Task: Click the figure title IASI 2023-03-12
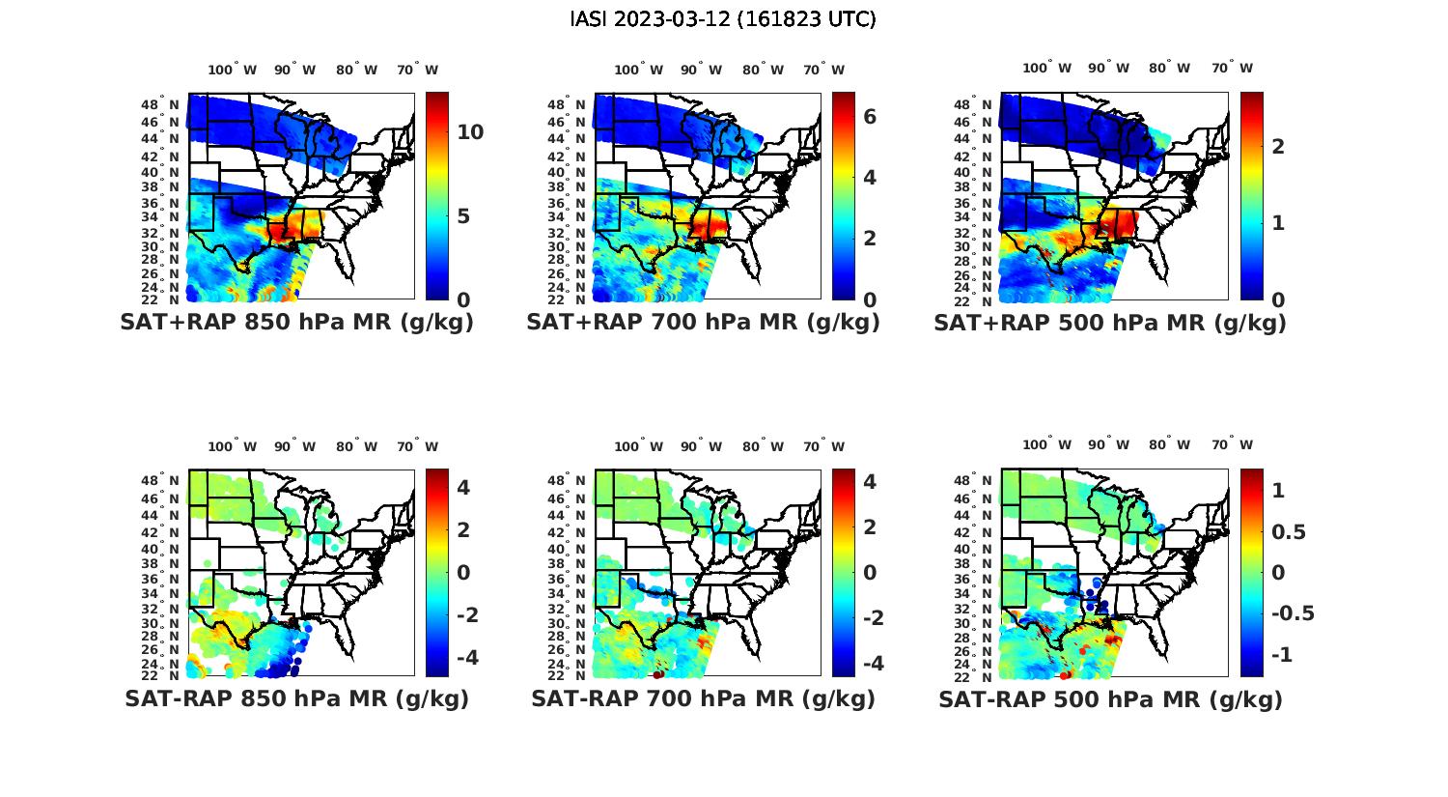click(723, 19)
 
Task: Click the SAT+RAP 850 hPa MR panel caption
click(296, 323)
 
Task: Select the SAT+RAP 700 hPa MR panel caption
click(703, 323)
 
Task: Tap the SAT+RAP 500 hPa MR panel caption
click(1110, 323)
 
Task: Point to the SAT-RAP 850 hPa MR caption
click(296, 698)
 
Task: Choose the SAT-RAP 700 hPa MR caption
click(703, 698)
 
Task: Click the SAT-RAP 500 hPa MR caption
click(1110, 698)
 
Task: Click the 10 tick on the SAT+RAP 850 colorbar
click(470, 132)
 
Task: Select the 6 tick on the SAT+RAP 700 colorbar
click(869, 117)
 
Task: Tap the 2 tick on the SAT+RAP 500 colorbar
click(1278, 146)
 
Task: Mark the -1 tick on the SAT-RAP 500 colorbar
click(1281, 655)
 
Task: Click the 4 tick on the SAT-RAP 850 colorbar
click(463, 487)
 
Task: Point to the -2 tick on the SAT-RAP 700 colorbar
click(873, 618)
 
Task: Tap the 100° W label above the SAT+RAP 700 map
click(638, 70)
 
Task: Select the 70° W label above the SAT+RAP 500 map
click(1232, 68)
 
